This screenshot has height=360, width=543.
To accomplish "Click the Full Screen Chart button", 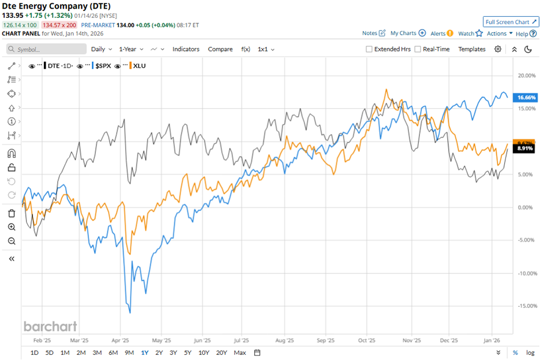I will [x=511, y=22].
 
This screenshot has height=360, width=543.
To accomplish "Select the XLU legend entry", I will [x=139, y=66].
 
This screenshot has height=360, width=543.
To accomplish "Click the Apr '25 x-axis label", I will [x=120, y=341].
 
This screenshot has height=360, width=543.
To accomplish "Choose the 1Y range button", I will [x=144, y=352].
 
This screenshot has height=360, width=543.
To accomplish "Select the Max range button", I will [x=240, y=352].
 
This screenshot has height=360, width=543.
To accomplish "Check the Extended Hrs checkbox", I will [x=369, y=50].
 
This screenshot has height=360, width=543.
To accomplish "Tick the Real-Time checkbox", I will [x=418, y=50].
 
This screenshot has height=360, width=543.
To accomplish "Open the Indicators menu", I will [x=186, y=49].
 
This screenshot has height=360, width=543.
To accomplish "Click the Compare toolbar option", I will [x=220, y=49].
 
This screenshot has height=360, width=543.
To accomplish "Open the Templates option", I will [x=471, y=49].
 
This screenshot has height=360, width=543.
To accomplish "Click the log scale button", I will [x=530, y=352].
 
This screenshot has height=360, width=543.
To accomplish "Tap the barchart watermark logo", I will [x=50, y=326].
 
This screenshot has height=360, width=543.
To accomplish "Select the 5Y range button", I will [x=188, y=352].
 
